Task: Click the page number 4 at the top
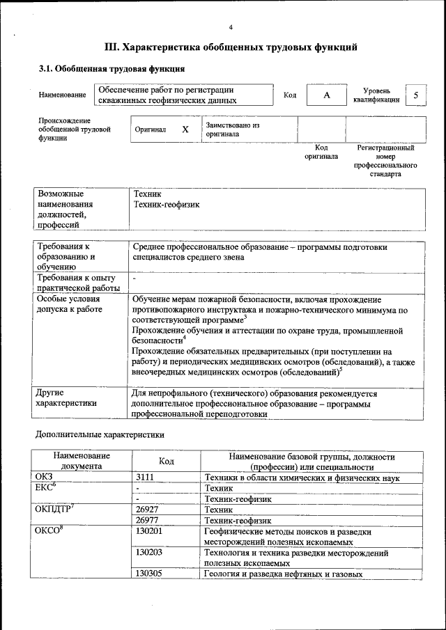pos(231,27)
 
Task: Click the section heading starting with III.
pos(231,47)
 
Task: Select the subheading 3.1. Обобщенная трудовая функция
pos(111,69)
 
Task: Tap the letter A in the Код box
pos(326,95)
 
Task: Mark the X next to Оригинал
pos(185,129)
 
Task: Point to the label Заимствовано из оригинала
pos(232,129)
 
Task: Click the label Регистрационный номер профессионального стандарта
pos(385,161)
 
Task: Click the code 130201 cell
pos(148,531)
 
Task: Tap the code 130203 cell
pos(148,553)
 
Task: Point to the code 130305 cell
pos(148,574)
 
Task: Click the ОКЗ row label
pos(44,478)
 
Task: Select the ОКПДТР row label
pos(54,510)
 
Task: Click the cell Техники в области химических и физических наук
pos(301,478)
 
